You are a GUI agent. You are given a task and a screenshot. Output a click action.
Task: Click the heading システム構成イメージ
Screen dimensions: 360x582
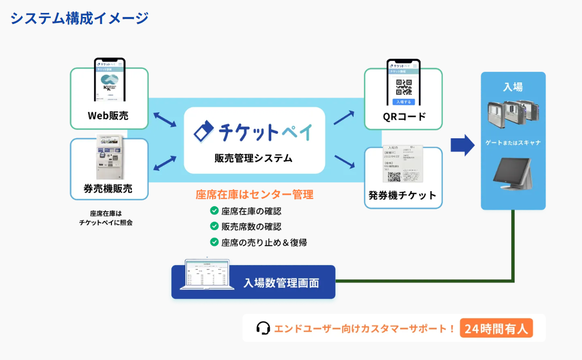click(x=79, y=18)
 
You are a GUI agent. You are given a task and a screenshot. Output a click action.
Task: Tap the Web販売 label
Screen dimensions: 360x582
click(x=108, y=116)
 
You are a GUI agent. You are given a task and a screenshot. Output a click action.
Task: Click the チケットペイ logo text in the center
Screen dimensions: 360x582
click(x=254, y=131)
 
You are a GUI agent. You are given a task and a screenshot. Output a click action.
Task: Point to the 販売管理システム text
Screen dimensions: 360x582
click(x=254, y=158)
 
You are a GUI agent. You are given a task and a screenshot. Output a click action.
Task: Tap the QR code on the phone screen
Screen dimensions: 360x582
click(x=403, y=87)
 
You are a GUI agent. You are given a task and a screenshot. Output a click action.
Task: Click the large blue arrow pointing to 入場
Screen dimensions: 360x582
click(x=462, y=144)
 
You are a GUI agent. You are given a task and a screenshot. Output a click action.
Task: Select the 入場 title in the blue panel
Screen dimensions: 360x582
click(x=513, y=86)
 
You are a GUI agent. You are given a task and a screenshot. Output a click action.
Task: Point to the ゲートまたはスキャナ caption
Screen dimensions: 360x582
click(x=513, y=143)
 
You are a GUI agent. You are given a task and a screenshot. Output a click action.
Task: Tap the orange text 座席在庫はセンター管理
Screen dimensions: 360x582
click(x=254, y=195)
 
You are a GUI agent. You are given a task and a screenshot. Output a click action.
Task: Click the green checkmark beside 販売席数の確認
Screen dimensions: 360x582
click(x=214, y=226)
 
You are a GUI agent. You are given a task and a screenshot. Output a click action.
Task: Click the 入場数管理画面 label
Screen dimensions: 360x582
click(x=281, y=283)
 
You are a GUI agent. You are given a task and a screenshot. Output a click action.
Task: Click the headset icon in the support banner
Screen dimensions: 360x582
click(x=263, y=328)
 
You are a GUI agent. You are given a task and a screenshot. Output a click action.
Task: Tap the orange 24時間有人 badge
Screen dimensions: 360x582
click(x=496, y=329)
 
